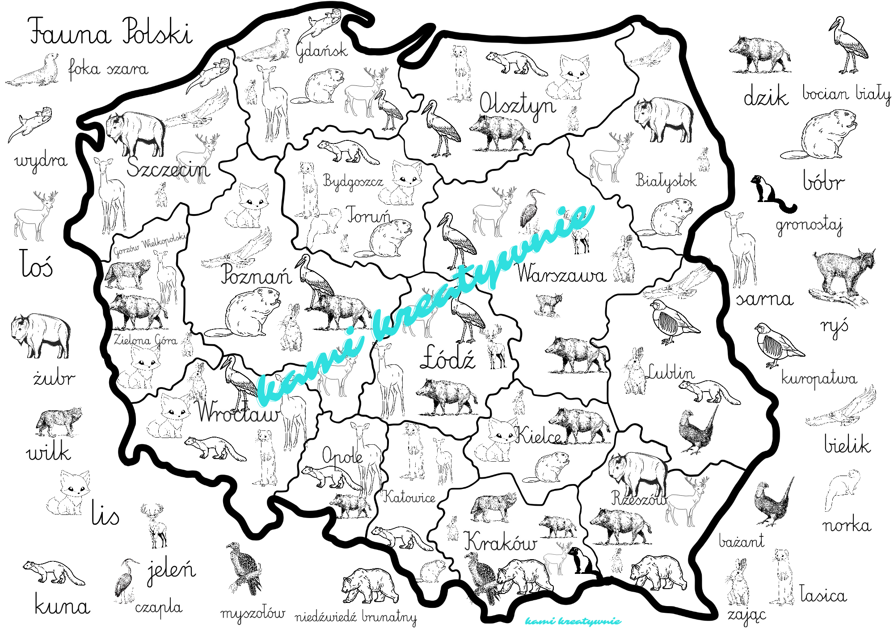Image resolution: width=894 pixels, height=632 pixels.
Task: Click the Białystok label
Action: [666, 181]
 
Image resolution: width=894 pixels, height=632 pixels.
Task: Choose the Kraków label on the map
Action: [500, 542]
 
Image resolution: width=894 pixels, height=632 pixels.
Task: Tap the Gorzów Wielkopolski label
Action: [150, 244]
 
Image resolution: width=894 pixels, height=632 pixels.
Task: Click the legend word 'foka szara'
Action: [108, 69]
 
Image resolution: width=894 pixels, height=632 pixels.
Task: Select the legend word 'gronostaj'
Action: [809, 225]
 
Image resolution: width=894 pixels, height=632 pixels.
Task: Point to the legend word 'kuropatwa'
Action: [819, 379]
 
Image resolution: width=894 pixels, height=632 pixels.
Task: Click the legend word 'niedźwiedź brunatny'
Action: [355, 617]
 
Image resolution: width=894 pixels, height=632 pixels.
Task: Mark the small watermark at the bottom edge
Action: [573, 621]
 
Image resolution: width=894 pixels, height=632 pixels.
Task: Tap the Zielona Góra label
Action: [145, 340]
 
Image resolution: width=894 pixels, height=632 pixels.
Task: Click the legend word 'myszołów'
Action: [253, 614]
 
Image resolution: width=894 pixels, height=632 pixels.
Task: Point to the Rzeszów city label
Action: [638, 498]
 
